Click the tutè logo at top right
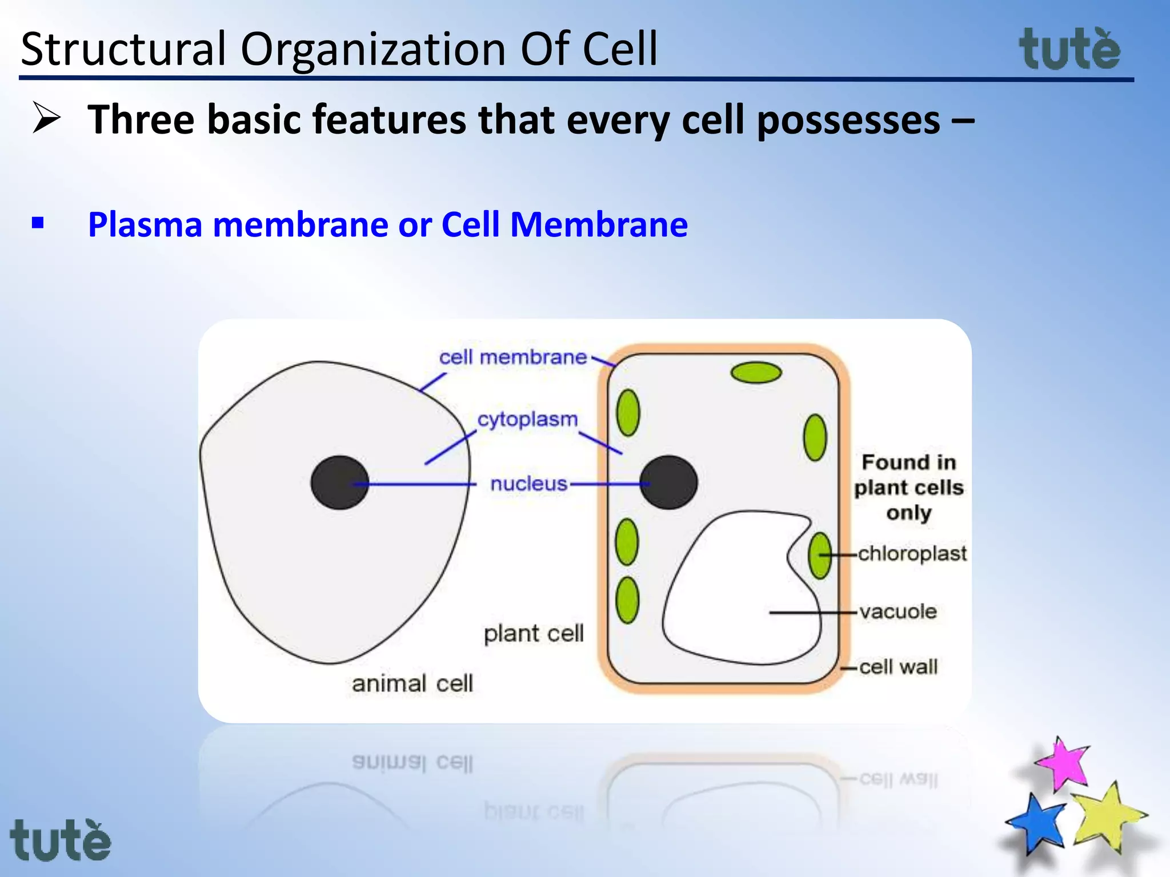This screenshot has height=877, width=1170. pos(1069,50)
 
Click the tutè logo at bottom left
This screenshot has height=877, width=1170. pos(60,840)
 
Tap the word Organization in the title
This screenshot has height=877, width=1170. pos(373,49)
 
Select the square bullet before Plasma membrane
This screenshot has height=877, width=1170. pos(38,223)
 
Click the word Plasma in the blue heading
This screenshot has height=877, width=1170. pos(145,224)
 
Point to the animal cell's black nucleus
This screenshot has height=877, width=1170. pos(339,482)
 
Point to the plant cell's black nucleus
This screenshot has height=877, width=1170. pos(668,482)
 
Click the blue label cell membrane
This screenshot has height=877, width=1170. pos(512,357)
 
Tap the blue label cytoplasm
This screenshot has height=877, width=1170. pos(527,419)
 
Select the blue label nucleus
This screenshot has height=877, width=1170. pos(528,484)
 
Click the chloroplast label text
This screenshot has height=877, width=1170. pos(912,553)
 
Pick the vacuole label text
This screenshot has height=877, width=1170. pos(898,612)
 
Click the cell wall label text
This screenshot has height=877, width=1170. pos(898,666)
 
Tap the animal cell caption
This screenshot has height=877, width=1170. pos(412,683)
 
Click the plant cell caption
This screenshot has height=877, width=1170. pos(533,633)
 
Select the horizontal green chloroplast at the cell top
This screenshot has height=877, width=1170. pos(756,373)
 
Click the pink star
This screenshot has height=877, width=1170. pos(1063,764)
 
